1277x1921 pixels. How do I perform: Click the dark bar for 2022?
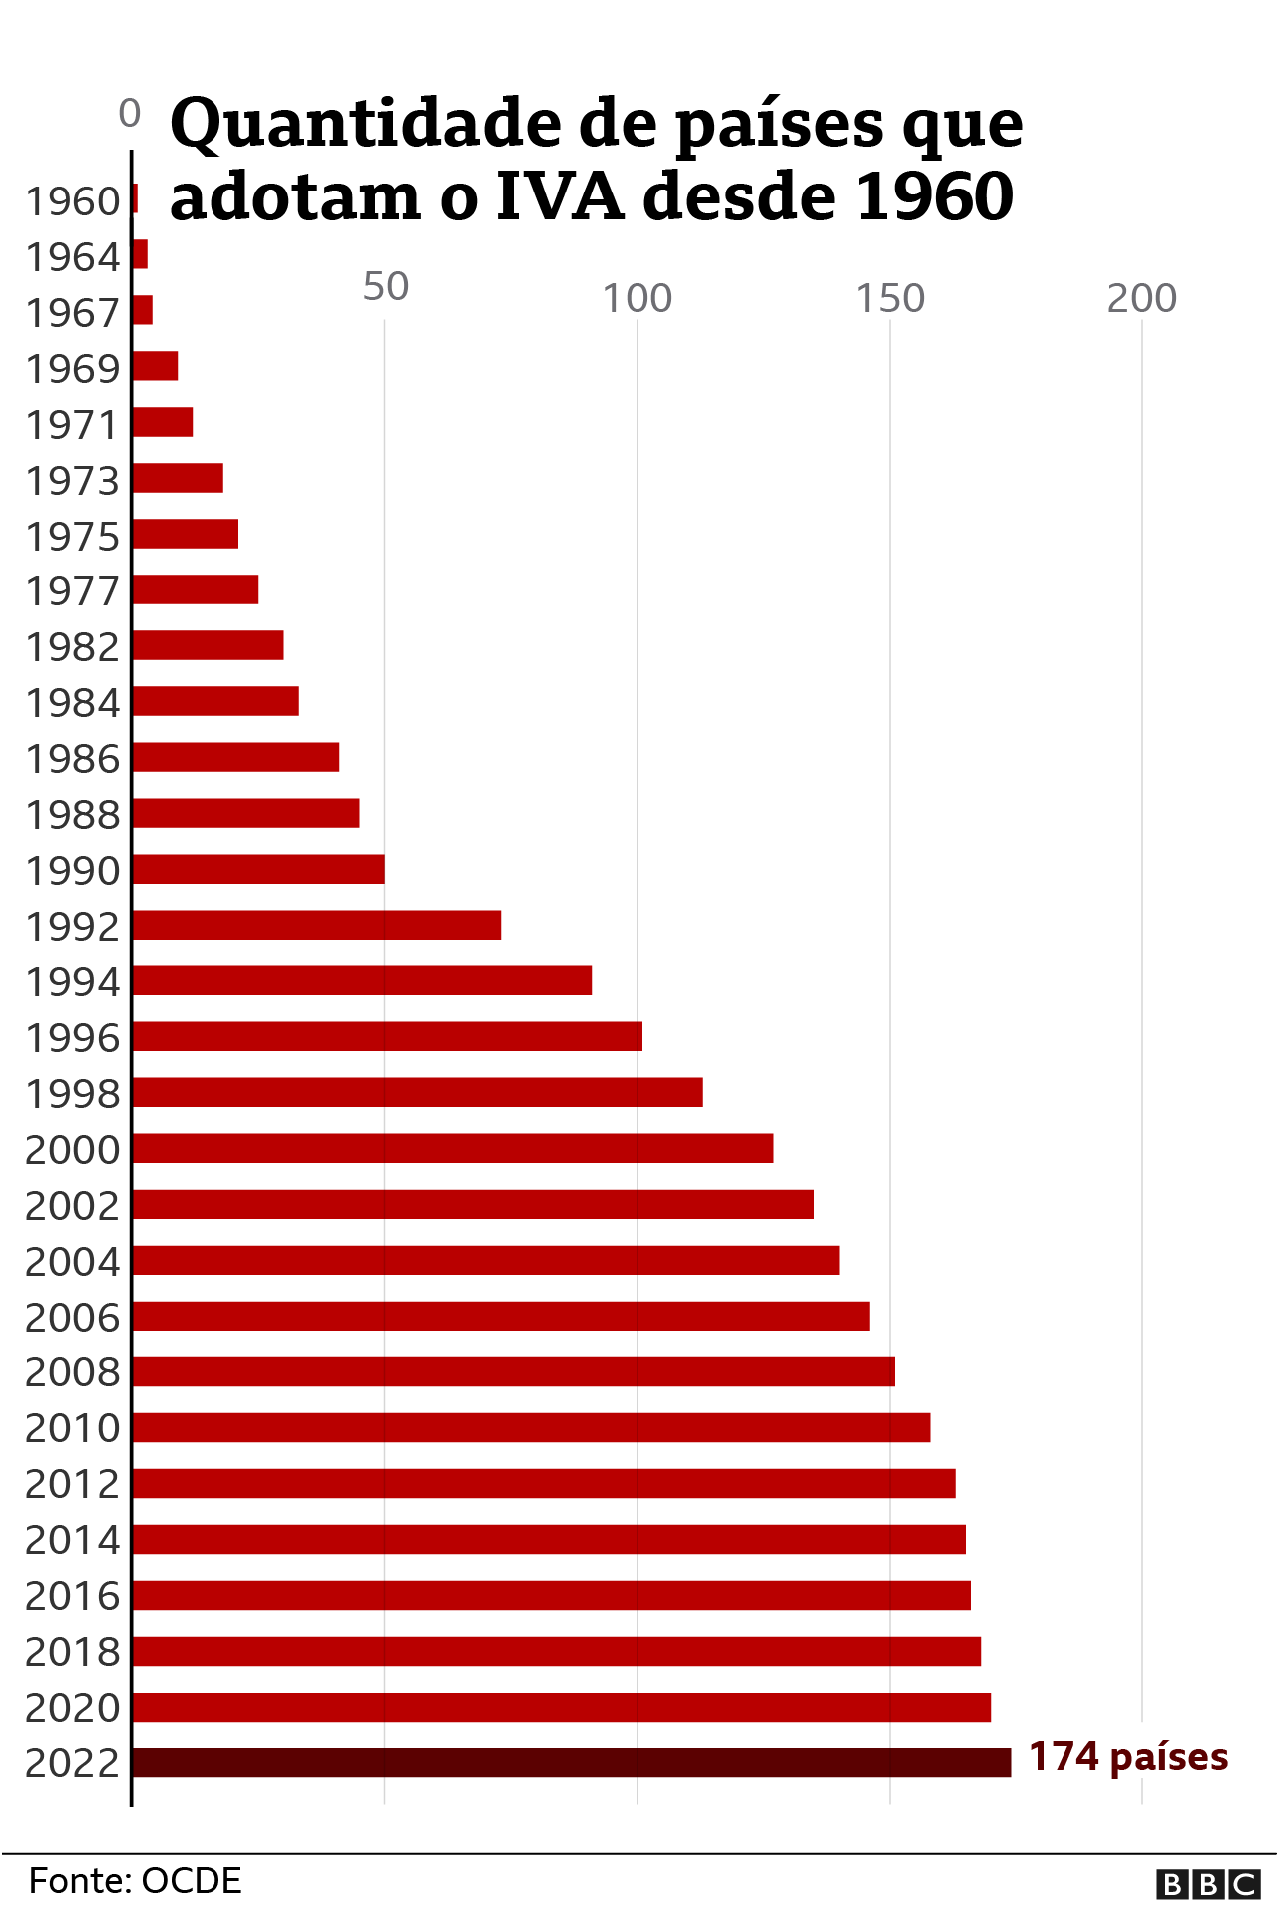571,1762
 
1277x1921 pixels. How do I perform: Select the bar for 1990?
258,869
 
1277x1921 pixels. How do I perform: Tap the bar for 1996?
387,1036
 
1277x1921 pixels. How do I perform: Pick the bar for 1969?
155,366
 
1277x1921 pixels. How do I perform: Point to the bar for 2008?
513,1371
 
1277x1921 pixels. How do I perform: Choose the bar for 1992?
316,925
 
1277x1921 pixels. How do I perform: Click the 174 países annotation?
1128,1757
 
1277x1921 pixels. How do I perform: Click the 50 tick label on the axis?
385,287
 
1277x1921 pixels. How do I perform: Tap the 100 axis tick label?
638,299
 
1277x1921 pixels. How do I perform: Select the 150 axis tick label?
890,299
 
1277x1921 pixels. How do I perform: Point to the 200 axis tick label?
1142,299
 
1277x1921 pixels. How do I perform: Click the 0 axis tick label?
130,114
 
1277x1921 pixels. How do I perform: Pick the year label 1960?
72,202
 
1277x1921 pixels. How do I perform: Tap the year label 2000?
72,1150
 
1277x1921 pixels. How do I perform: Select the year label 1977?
72,591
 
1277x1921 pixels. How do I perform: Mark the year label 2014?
72,1541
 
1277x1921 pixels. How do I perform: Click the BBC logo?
1208,1884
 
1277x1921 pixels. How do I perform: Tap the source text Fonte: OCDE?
136,1881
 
